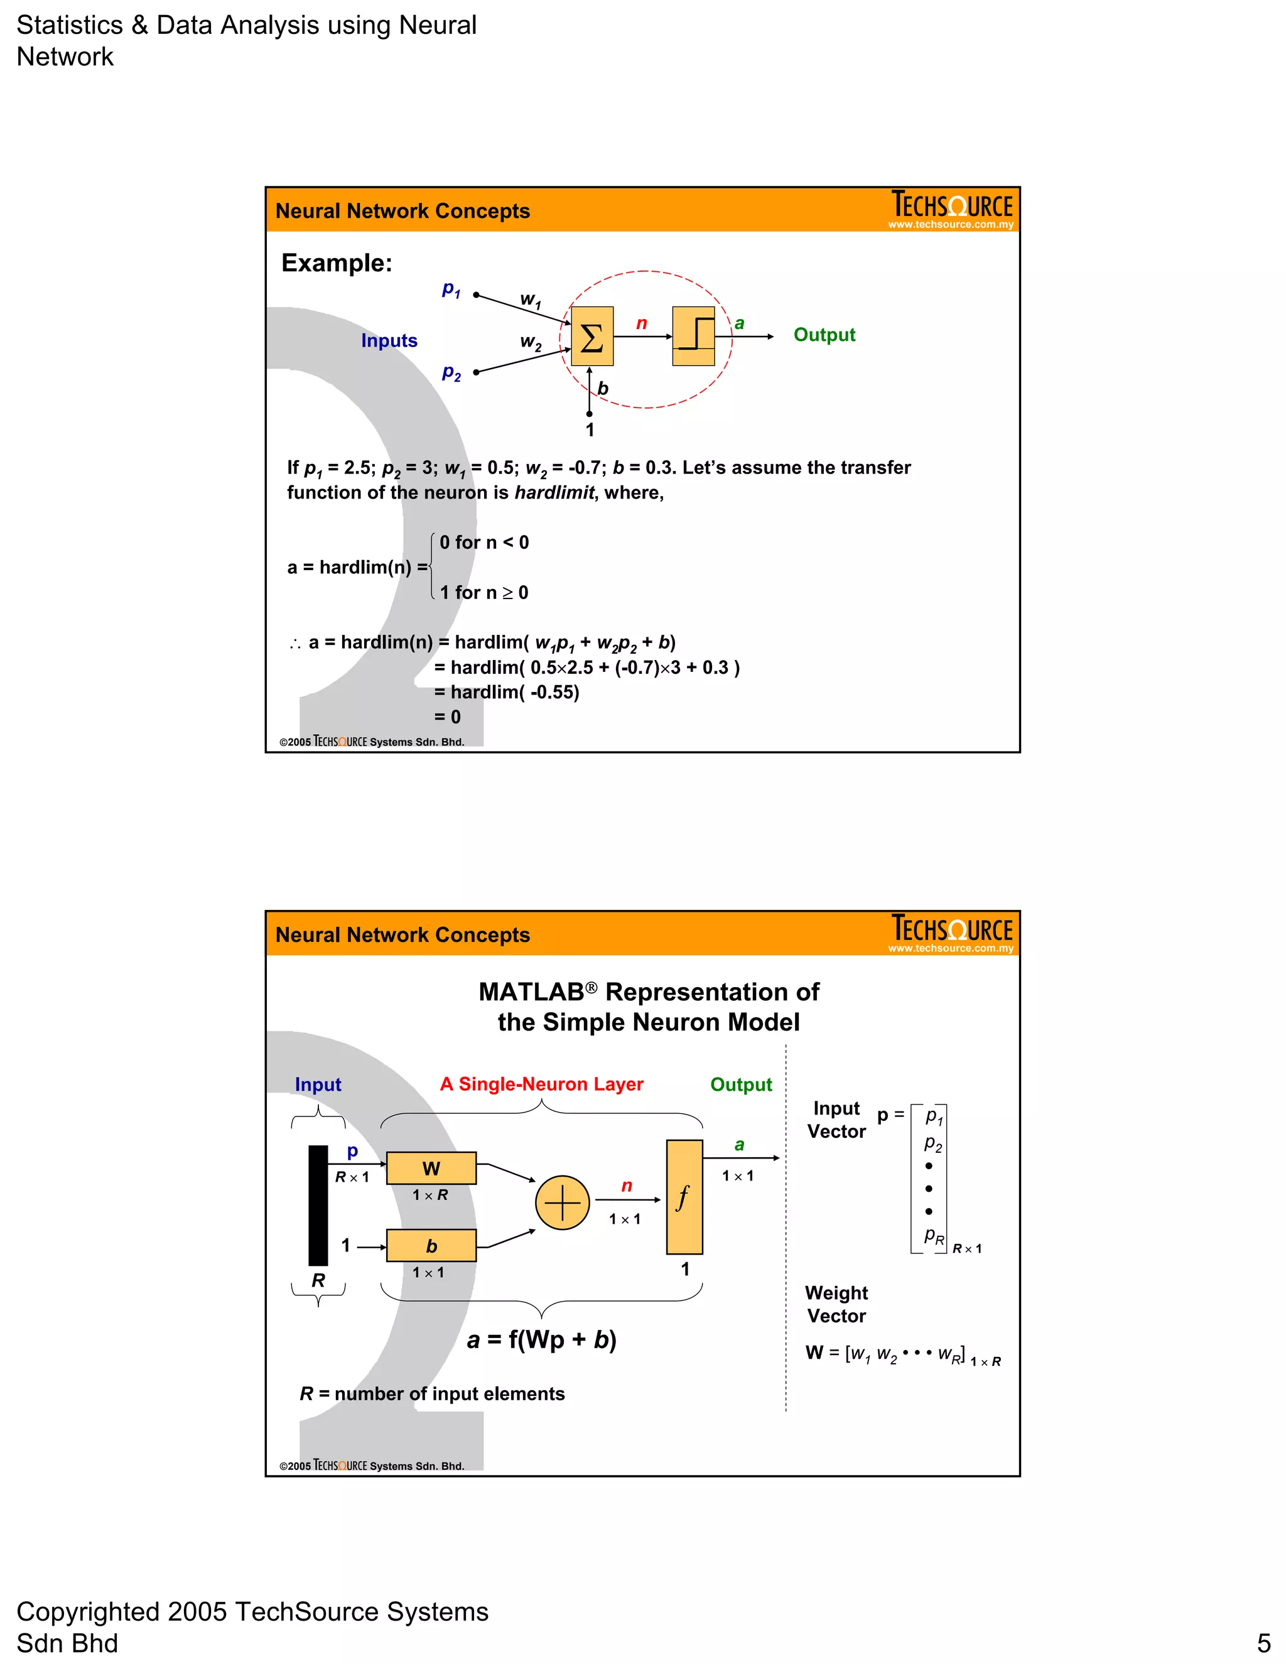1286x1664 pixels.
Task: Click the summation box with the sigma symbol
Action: click(x=592, y=336)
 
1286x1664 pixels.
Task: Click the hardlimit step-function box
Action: click(x=693, y=336)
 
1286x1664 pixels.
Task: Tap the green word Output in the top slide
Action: click(x=824, y=335)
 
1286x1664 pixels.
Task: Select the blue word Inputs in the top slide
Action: click(x=389, y=340)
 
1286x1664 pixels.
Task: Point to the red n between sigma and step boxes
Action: click(x=642, y=324)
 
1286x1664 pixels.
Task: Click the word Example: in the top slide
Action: click(x=337, y=263)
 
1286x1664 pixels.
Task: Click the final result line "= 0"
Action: click(x=448, y=717)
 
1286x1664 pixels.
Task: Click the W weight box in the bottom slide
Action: click(x=431, y=1168)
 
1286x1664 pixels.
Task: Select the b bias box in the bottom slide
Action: click(x=431, y=1246)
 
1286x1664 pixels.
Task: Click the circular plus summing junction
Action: click(x=562, y=1203)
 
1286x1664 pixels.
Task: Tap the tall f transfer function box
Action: click(x=684, y=1197)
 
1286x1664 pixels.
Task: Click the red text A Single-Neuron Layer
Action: click(x=542, y=1084)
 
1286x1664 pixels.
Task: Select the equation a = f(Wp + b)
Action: click(x=542, y=1339)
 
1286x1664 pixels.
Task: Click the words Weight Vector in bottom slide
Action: click(x=836, y=1304)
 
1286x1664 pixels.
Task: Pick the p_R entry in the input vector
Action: click(x=933, y=1236)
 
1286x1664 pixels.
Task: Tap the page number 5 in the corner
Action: click(x=1263, y=1643)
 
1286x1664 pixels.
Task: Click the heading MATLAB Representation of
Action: click(x=648, y=992)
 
